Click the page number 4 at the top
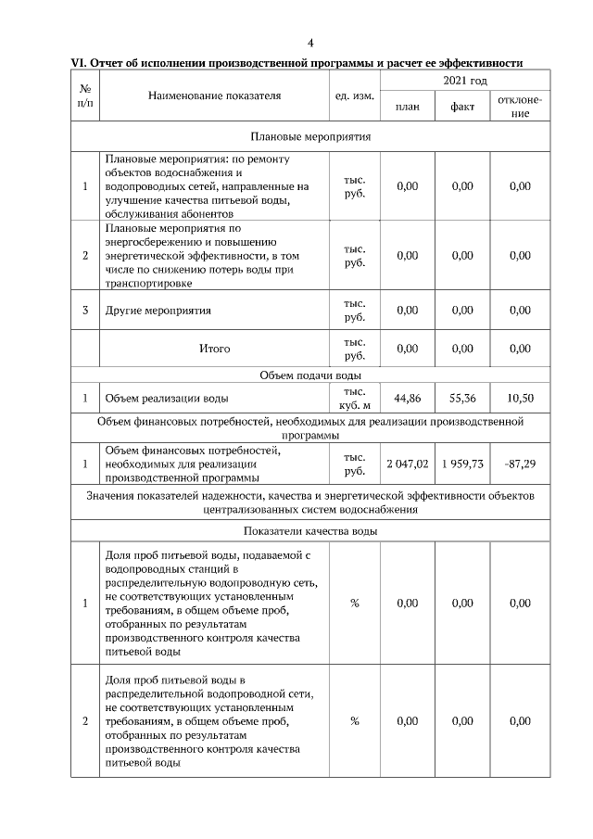(310, 43)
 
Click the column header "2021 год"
(464, 82)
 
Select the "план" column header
(407, 107)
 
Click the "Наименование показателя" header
(213, 95)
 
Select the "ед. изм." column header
(353, 95)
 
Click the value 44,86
(407, 399)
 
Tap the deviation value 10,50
(520, 399)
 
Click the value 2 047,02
(407, 464)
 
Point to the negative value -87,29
(520, 464)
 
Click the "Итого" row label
(214, 349)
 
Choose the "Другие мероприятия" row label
(158, 311)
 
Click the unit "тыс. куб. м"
(354, 399)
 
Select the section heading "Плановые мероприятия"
(310, 136)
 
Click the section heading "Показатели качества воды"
(310, 531)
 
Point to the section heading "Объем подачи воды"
(310, 375)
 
